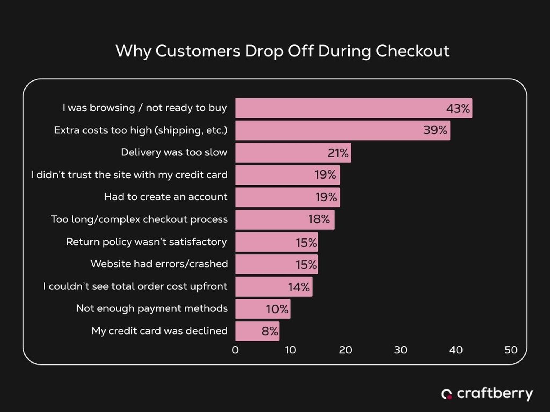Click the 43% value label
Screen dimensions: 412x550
pos(458,108)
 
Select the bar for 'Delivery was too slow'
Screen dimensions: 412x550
pos(293,153)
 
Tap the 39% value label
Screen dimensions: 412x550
pos(435,130)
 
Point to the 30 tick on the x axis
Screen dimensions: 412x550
pos(400,350)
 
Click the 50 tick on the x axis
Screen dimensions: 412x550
pos(511,350)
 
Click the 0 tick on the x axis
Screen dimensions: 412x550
pos(235,350)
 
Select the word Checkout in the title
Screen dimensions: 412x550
pos(413,51)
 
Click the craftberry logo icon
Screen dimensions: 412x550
pos(447,394)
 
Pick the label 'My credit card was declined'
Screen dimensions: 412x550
pos(159,331)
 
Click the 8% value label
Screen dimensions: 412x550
pos(270,331)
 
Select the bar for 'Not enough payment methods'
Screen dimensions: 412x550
pos(263,309)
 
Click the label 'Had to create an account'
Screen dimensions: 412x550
pos(166,197)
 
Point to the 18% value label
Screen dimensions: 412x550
pos(319,219)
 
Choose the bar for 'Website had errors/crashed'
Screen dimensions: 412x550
pos(276,264)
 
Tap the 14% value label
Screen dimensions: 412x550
pos(299,287)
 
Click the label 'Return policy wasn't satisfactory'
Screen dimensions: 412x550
pos(147,242)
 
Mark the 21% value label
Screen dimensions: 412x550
pos(338,153)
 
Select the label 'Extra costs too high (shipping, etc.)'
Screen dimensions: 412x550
pos(141,130)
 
